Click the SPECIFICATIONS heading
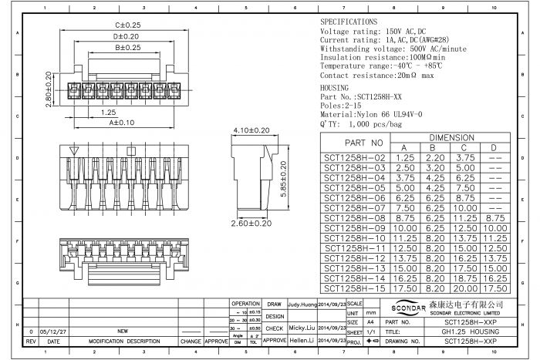(349, 22)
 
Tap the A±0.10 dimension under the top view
(122, 123)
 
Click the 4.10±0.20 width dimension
(251, 131)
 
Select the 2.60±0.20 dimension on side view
(250, 223)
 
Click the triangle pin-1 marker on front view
(74, 151)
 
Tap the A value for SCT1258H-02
(403, 157)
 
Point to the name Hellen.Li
(302, 339)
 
